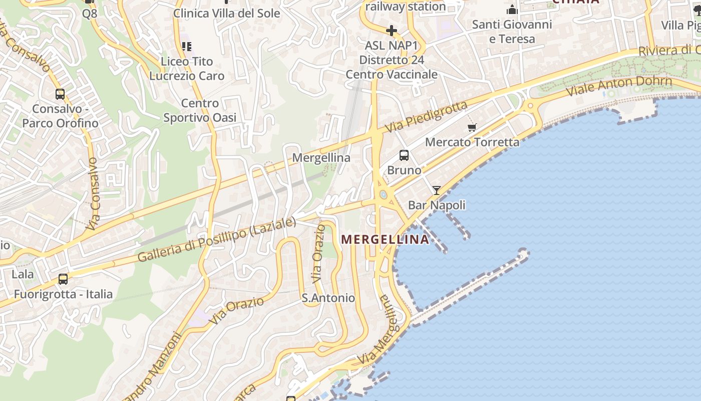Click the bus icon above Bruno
click(x=404, y=155)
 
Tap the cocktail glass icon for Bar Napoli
click(x=437, y=190)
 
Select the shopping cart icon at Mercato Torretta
click(x=472, y=127)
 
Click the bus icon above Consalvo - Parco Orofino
click(x=60, y=94)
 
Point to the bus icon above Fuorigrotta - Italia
click(x=63, y=279)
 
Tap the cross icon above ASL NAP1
click(x=392, y=31)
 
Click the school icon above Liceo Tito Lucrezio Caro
click(x=187, y=47)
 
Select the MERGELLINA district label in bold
click(x=385, y=240)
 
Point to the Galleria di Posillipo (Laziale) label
click(x=216, y=240)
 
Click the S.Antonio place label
click(x=328, y=298)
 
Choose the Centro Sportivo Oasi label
click(x=200, y=111)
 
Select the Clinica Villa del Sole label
click(x=226, y=14)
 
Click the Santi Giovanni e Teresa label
click(x=512, y=32)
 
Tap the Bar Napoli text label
click(x=437, y=205)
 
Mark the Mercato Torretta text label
click(x=472, y=142)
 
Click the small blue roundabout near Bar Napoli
click(x=384, y=194)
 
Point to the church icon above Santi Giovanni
click(x=512, y=10)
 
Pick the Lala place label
click(x=23, y=274)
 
